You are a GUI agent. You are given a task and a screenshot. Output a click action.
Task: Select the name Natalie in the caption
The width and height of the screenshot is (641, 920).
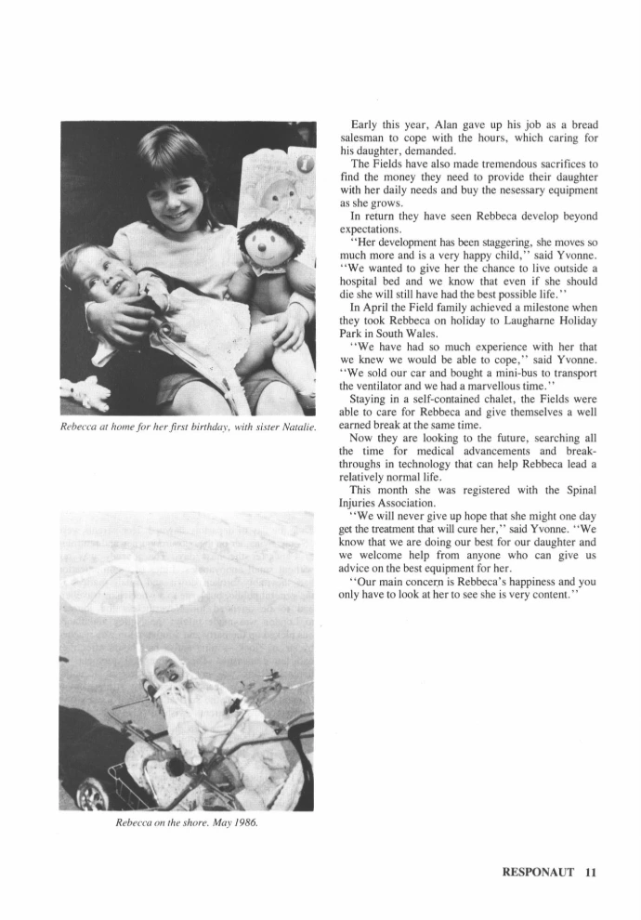pyautogui.click(x=296, y=427)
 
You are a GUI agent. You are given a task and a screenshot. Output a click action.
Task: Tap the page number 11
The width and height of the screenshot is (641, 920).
pyautogui.click(x=591, y=872)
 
